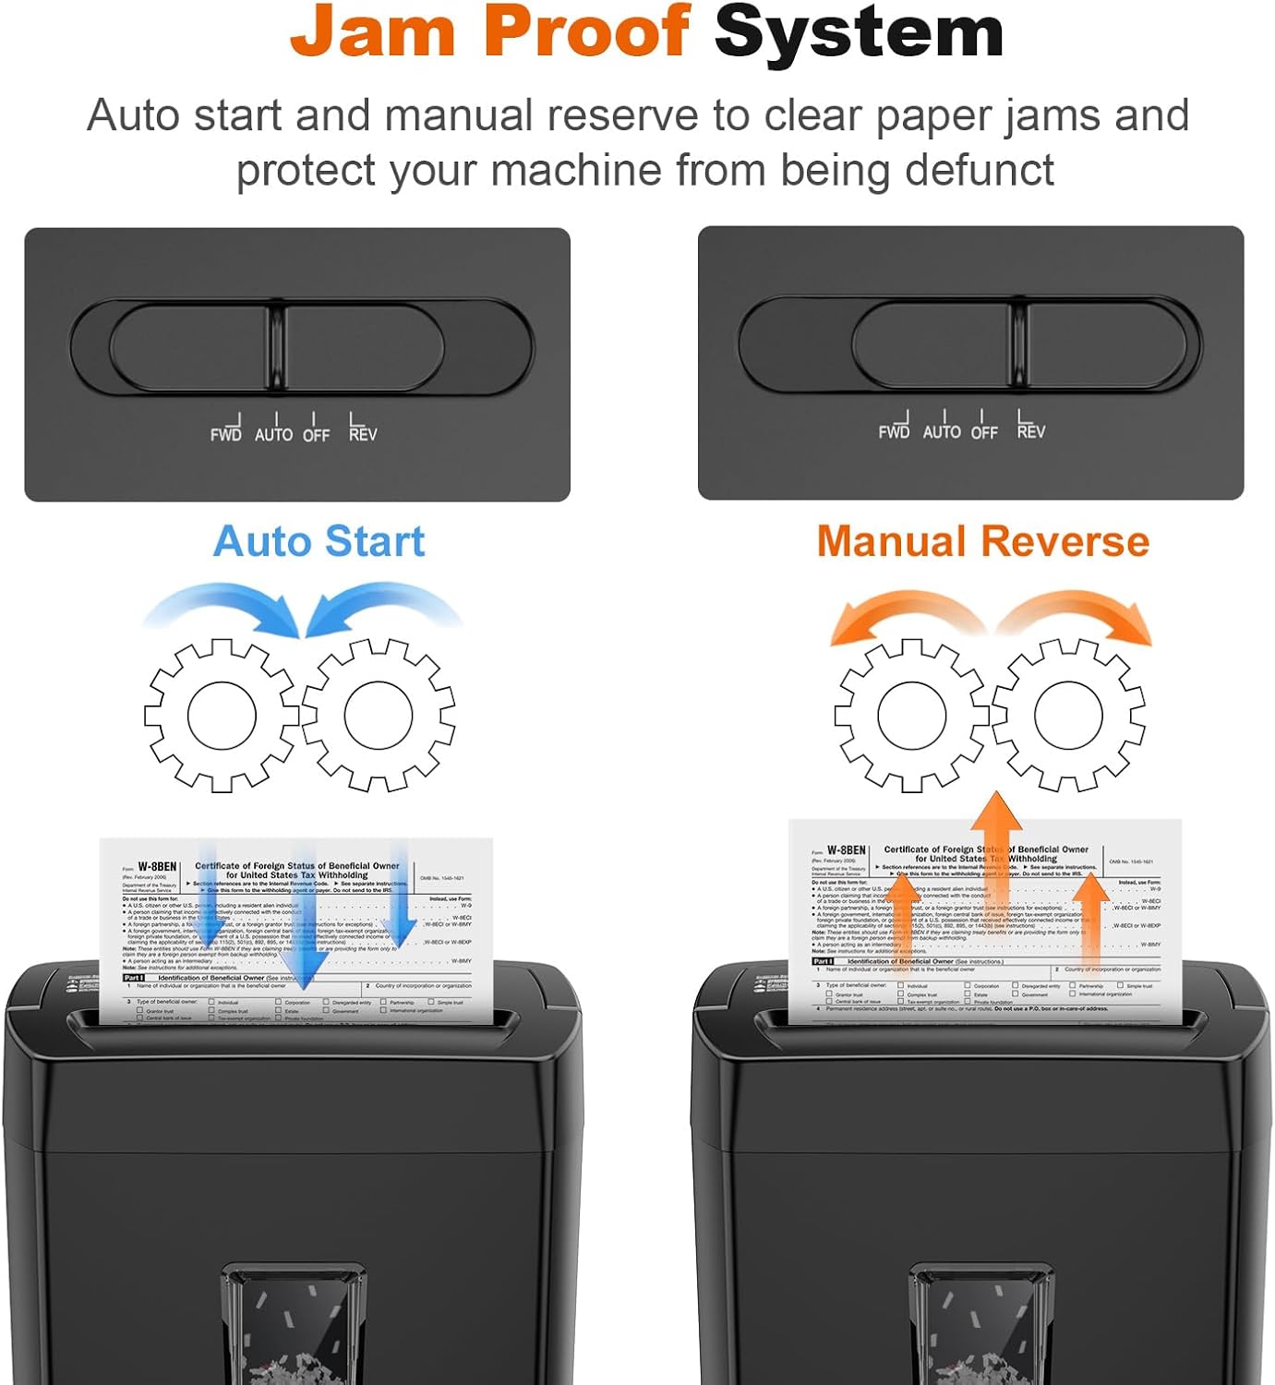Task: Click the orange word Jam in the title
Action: point(373,32)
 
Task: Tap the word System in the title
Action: point(859,32)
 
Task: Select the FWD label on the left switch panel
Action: point(225,434)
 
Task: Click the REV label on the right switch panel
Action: point(1030,431)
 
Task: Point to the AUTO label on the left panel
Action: point(273,434)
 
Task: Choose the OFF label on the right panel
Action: point(984,431)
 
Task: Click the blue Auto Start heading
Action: point(319,541)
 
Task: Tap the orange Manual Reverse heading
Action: point(982,541)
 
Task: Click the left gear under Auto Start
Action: point(222,715)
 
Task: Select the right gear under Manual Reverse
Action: point(1068,715)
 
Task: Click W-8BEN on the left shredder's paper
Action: point(157,867)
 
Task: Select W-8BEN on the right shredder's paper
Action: point(846,849)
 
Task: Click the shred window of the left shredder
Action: point(294,1325)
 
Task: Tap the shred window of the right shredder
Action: point(981,1325)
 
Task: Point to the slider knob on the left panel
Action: point(277,347)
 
